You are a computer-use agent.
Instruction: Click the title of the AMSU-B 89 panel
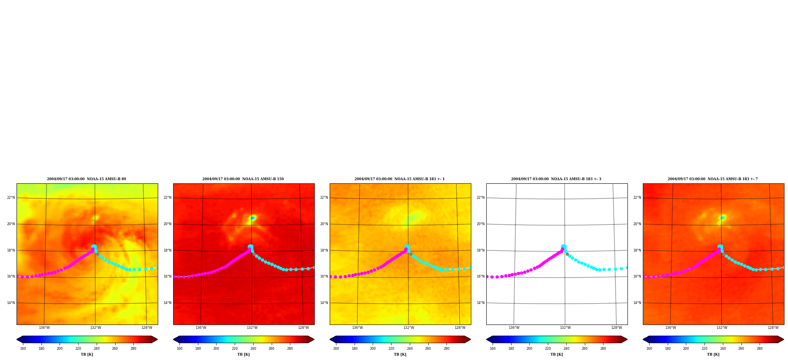87,179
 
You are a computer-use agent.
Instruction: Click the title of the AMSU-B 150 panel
243,179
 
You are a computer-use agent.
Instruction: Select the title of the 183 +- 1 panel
400,179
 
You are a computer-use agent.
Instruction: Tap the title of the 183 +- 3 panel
556,179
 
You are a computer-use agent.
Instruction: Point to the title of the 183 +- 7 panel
713,179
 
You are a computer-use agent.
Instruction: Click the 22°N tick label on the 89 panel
11,198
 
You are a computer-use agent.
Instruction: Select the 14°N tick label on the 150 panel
168,303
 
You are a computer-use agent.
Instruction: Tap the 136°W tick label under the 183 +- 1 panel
357,328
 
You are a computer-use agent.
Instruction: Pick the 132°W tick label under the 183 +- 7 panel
722,328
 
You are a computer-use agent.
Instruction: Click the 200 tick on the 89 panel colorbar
60,349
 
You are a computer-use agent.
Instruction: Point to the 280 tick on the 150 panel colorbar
290,349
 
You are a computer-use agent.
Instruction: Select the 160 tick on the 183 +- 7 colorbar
649,349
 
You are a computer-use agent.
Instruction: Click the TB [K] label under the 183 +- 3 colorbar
556,354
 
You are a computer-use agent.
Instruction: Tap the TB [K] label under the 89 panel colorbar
87,354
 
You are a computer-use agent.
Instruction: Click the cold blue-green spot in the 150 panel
252,218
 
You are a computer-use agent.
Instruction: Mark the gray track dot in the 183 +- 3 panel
567,254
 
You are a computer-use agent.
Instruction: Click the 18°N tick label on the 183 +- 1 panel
324,250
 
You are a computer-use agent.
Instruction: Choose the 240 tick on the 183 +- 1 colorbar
410,349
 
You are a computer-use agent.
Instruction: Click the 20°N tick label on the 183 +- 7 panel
637,224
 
